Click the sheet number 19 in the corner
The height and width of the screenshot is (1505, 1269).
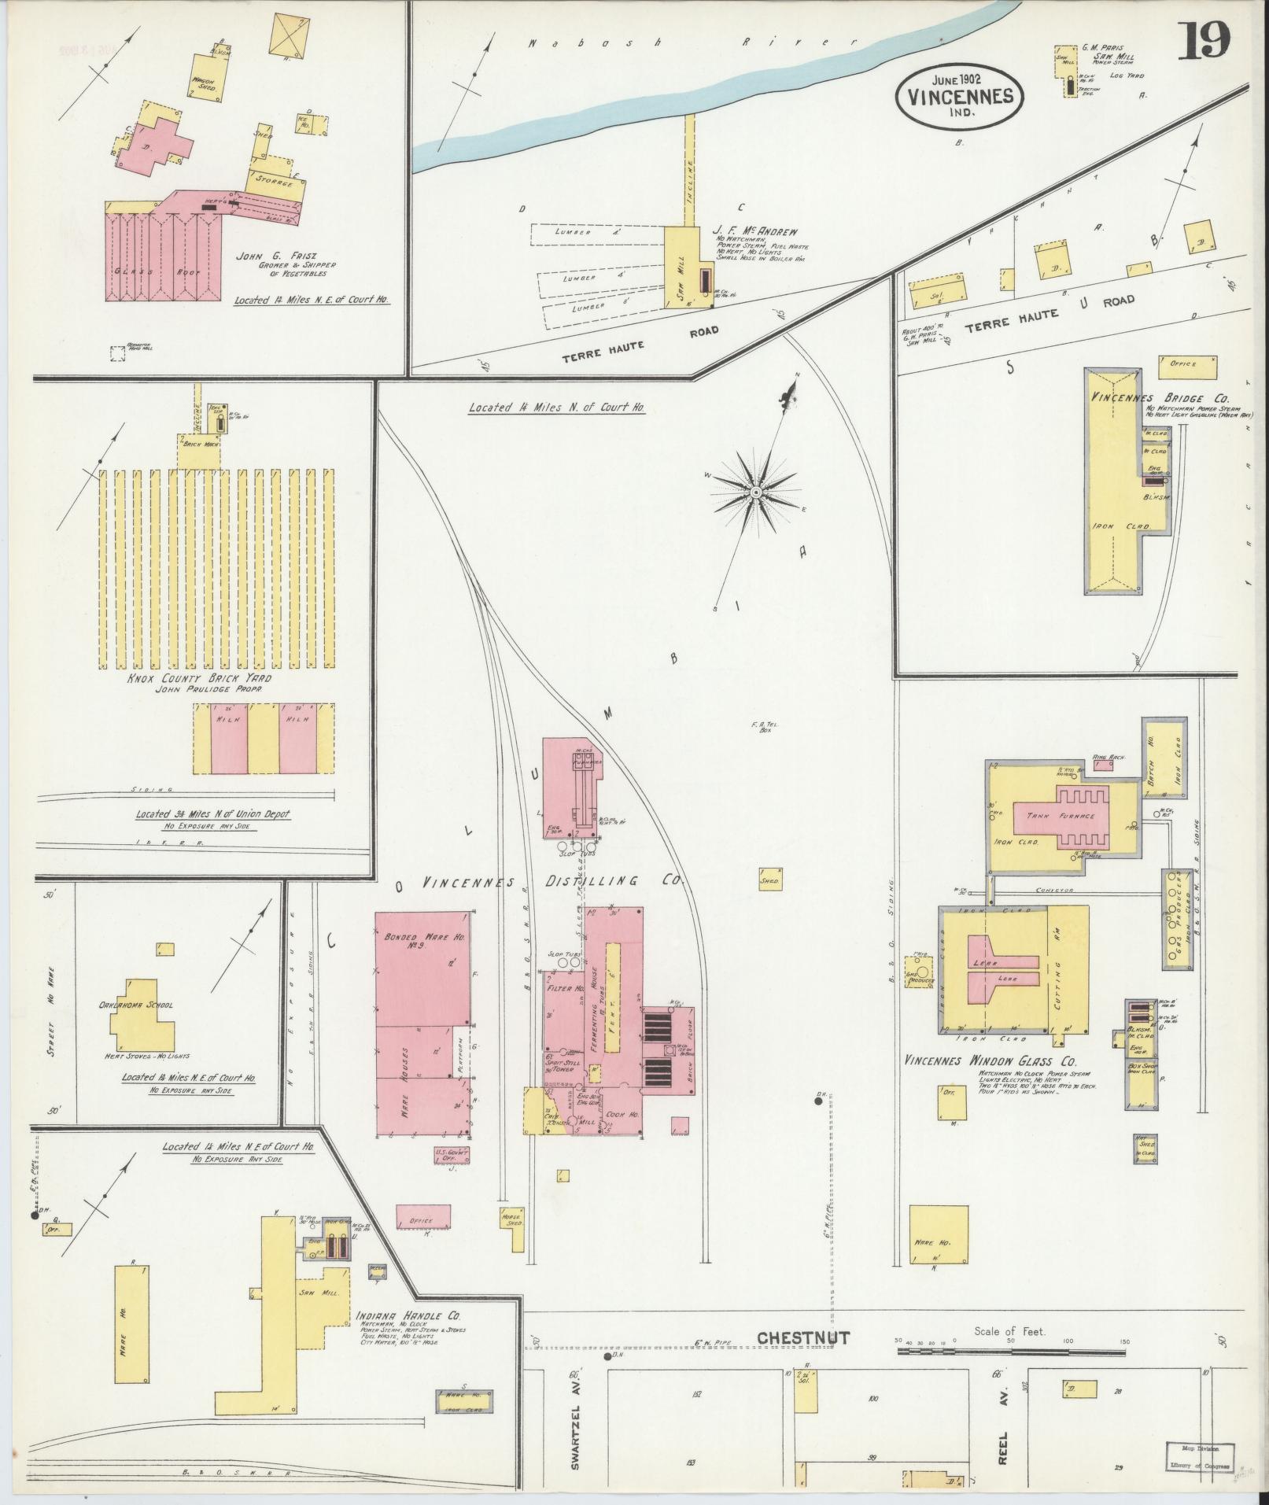point(1204,41)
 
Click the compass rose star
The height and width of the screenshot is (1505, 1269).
point(754,492)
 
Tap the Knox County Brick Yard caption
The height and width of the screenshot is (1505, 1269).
point(199,678)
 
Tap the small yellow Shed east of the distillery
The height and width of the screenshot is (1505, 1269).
point(769,881)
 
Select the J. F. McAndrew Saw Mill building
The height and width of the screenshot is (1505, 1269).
point(681,267)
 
